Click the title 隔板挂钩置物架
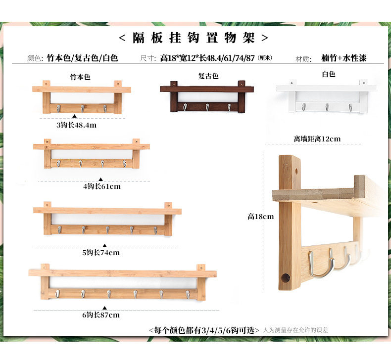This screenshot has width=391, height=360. click(195, 38)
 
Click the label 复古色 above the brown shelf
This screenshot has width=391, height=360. click(208, 76)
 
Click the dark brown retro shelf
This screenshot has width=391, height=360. click(206, 96)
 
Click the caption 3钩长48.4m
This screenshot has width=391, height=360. click(76, 125)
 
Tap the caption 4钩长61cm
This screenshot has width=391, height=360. click(101, 186)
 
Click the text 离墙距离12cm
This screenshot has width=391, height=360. click(317, 139)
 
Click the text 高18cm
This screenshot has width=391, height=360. click(261, 216)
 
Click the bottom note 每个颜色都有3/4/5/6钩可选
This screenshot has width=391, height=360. click(204, 330)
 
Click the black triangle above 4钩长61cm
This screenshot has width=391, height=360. click(101, 180)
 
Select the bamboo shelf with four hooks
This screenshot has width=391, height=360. click(91, 155)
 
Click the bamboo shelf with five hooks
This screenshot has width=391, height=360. click(107, 220)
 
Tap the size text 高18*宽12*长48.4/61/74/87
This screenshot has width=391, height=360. click(208, 58)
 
